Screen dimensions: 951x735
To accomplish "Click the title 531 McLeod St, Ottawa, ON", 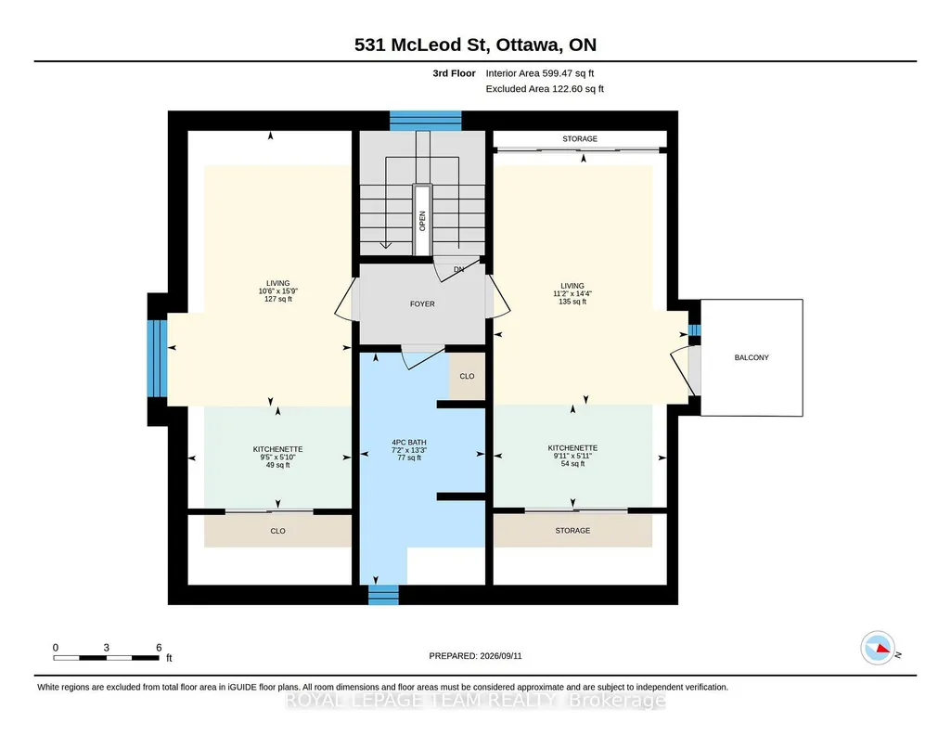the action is (x=475, y=45).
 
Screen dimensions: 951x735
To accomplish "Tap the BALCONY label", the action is (x=752, y=358).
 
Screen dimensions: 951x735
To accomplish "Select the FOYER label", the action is (x=422, y=303).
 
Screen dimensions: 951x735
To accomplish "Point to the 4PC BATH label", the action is (x=409, y=442).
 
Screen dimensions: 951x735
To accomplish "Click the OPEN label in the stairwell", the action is (x=422, y=221).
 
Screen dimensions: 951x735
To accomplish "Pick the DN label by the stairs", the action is (x=458, y=269).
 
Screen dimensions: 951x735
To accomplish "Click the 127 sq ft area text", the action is (x=277, y=299).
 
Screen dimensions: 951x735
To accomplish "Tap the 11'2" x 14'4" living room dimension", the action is (x=572, y=293).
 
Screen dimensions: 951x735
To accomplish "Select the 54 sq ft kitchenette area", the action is (x=572, y=464).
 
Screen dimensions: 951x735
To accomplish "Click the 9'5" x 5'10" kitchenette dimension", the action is (x=277, y=458).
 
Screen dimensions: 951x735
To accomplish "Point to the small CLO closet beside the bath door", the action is (x=467, y=376).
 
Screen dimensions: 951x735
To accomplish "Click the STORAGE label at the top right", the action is (x=580, y=139).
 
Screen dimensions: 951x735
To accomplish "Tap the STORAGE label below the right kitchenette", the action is (x=572, y=531).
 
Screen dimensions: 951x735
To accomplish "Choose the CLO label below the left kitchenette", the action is (x=277, y=531).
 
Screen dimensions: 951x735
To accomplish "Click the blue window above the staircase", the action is (x=425, y=121).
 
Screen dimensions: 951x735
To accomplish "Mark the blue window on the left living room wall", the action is (x=158, y=358).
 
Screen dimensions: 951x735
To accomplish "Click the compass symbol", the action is (x=878, y=649).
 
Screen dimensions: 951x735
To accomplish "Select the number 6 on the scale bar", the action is (x=159, y=648).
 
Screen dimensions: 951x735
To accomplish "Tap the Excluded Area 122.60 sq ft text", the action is (x=545, y=88).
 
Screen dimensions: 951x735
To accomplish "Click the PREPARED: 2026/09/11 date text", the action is (x=475, y=655).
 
